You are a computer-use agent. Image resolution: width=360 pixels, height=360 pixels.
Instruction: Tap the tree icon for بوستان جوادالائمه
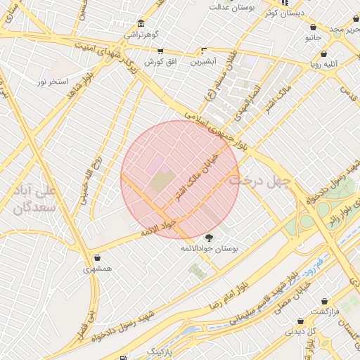coord(208,238)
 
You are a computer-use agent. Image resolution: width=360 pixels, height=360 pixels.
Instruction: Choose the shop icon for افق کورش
coord(161,51)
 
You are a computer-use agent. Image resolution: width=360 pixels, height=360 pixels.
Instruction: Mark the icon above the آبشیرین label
coord(204,50)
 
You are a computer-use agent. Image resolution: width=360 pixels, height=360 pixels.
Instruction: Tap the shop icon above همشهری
coord(97,257)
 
